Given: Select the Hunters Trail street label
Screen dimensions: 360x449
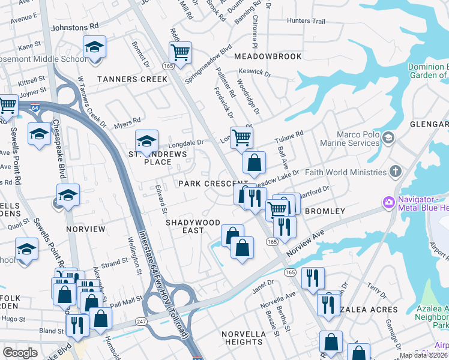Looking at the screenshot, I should click(306, 21).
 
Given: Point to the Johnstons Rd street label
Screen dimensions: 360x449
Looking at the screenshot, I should click(75, 27).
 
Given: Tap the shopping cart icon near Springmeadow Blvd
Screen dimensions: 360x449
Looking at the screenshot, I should click(179, 52).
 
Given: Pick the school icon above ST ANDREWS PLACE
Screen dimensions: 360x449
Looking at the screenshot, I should click(146, 140).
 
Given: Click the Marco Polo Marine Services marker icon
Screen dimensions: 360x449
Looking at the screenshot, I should click(388, 138).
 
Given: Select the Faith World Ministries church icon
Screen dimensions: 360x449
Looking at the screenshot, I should click(395, 172).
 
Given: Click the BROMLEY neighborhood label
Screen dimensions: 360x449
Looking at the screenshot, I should click(325, 211).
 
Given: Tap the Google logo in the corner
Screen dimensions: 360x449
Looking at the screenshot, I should click(20, 353).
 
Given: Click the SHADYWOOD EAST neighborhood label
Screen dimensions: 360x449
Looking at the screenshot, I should click(193, 226).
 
